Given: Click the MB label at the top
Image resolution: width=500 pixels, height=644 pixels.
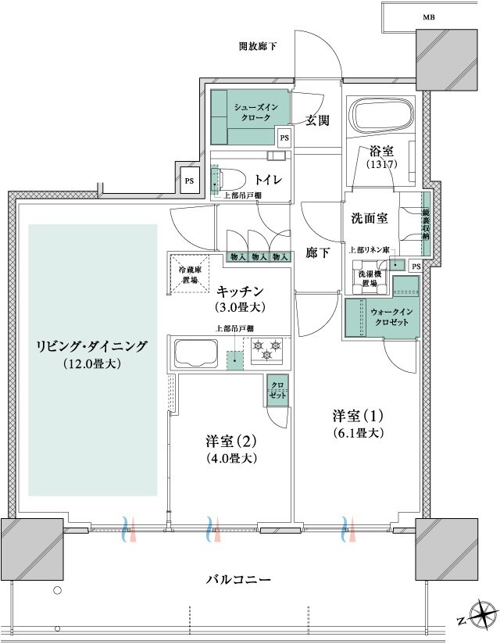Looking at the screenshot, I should click(x=429, y=16).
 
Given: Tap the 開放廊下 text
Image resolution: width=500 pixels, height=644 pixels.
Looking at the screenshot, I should click(x=257, y=47).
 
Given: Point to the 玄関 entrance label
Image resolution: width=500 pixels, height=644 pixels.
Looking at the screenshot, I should click(x=317, y=120).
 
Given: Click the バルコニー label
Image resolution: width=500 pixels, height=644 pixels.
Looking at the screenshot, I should click(x=239, y=580).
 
